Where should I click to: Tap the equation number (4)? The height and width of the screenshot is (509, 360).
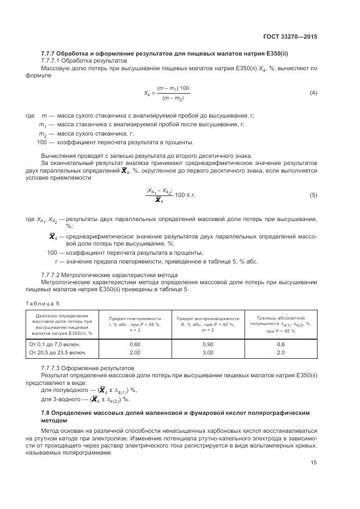click(x=313, y=93)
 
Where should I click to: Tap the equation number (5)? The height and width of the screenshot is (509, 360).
click(x=313, y=195)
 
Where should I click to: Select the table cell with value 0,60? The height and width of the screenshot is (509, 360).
click(x=135, y=345)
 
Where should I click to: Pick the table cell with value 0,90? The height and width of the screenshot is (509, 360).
click(x=207, y=345)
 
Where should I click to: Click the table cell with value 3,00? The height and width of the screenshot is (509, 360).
click(x=207, y=353)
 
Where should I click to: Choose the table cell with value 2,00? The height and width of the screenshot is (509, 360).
click(x=135, y=353)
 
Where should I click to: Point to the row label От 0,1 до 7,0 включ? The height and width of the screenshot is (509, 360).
click(x=54, y=345)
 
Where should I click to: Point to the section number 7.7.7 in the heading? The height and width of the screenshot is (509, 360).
click(x=49, y=53)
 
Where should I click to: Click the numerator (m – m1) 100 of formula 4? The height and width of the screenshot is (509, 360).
click(x=173, y=88)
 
